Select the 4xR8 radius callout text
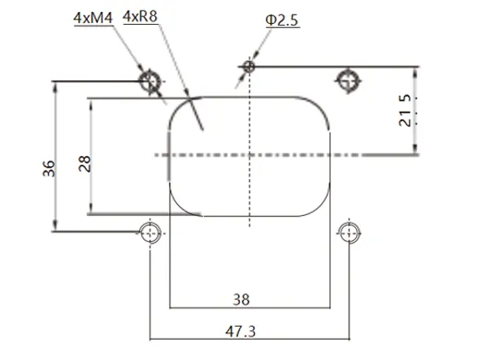(x=140, y=16)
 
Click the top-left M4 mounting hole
(x=150, y=81)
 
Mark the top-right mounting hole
(x=348, y=80)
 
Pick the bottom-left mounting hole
(x=150, y=231)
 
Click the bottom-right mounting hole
(x=348, y=231)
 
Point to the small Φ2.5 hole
(x=247, y=66)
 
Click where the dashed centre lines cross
(x=248, y=154)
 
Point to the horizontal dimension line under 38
(x=248, y=308)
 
